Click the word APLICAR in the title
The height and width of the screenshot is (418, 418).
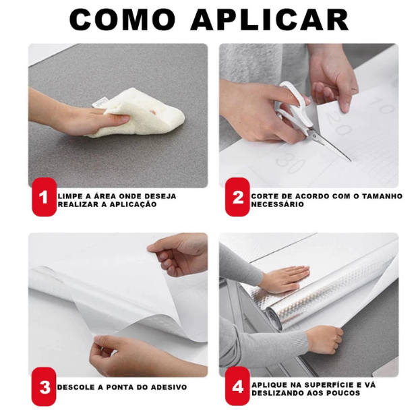(x=269, y=20)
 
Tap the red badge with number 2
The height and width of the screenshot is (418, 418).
(x=237, y=198)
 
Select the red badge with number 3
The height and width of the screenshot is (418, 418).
(x=44, y=387)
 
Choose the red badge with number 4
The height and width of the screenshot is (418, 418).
(x=237, y=387)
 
